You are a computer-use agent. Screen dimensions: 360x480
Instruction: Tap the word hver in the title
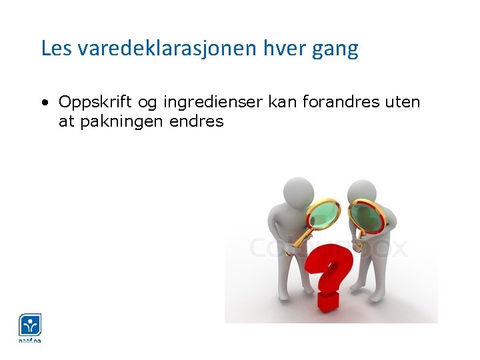pyautogui.click(x=285, y=49)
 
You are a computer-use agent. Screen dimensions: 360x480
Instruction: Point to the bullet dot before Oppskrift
pyautogui.click(x=43, y=103)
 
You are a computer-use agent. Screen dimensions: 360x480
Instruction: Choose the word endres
pyautogui.click(x=197, y=121)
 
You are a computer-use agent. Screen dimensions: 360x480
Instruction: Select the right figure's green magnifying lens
pyautogui.click(x=366, y=217)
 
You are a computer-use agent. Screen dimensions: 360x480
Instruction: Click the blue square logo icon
pyautogui.click(x=30, y=325)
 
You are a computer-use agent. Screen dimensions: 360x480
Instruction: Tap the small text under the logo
pyautogui.click(x=30, y=341)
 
